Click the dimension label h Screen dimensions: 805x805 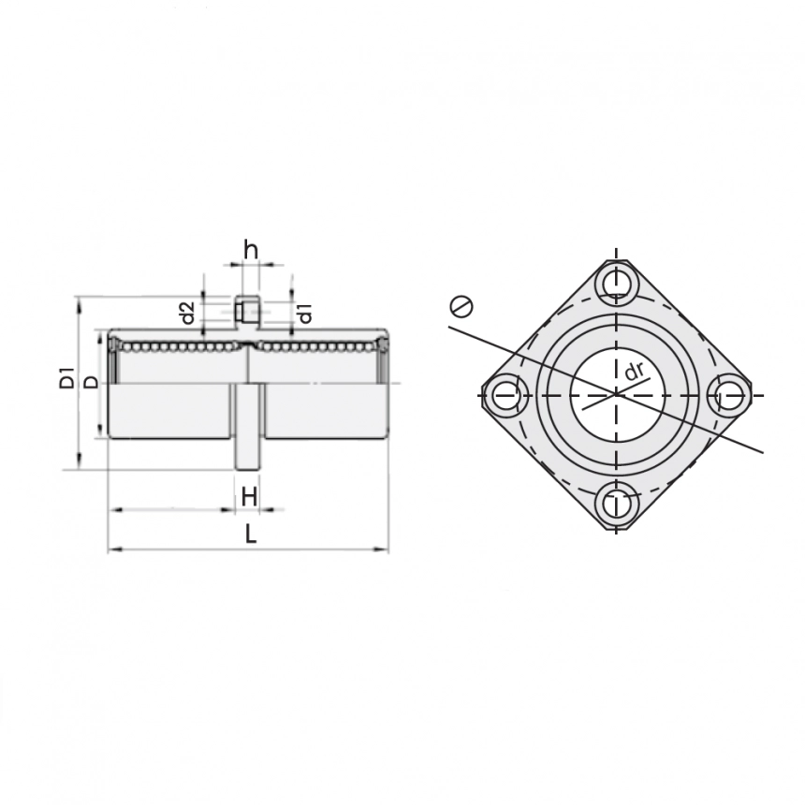(250, 250)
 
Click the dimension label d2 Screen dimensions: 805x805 (187, 313)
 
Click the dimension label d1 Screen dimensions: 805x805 (305, 314)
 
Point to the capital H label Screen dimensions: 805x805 (249, 497)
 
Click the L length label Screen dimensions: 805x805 (250, 534)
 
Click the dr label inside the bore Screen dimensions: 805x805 (635, 372)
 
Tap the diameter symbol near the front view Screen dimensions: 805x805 (461, 306)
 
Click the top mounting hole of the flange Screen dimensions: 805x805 (615, 282)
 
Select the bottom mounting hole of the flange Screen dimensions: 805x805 (615, 504)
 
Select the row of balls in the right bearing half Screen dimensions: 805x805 (318, 347)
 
